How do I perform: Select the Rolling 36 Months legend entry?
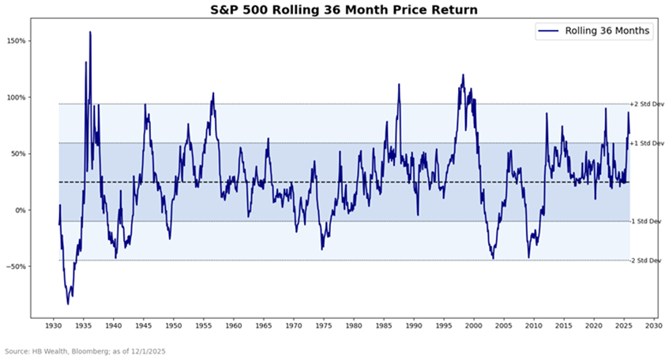[x=596, y=31]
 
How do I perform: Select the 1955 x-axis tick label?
[x=203, y=324]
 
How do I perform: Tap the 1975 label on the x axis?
[x=323, y=324]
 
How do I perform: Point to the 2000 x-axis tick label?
[x=474, y=324]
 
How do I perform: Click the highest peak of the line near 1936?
[x=90, y=32]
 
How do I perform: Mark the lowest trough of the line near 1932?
[x=68, y=304]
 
